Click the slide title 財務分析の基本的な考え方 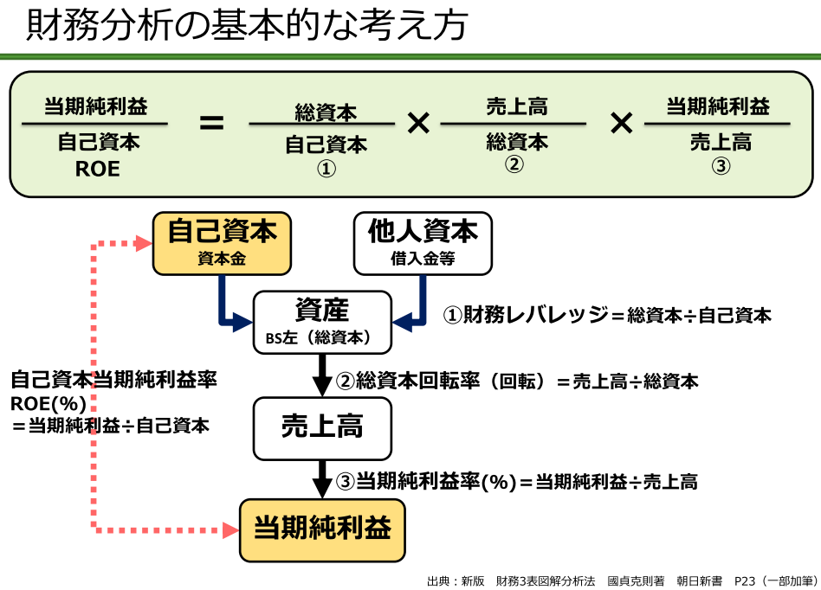coord(247,26)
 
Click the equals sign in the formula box coord(211,124)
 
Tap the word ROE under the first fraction coord(97,170)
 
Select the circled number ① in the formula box coord(326,170)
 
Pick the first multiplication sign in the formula coord(418,124)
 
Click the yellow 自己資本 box coord(223,243)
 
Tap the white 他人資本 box coord(423,243)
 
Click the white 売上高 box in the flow coord(322,428)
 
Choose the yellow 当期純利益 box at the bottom coord(322,528)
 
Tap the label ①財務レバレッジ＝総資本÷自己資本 coord(607,315)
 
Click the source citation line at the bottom coord(622,580)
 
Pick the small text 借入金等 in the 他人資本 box coord(423,259)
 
